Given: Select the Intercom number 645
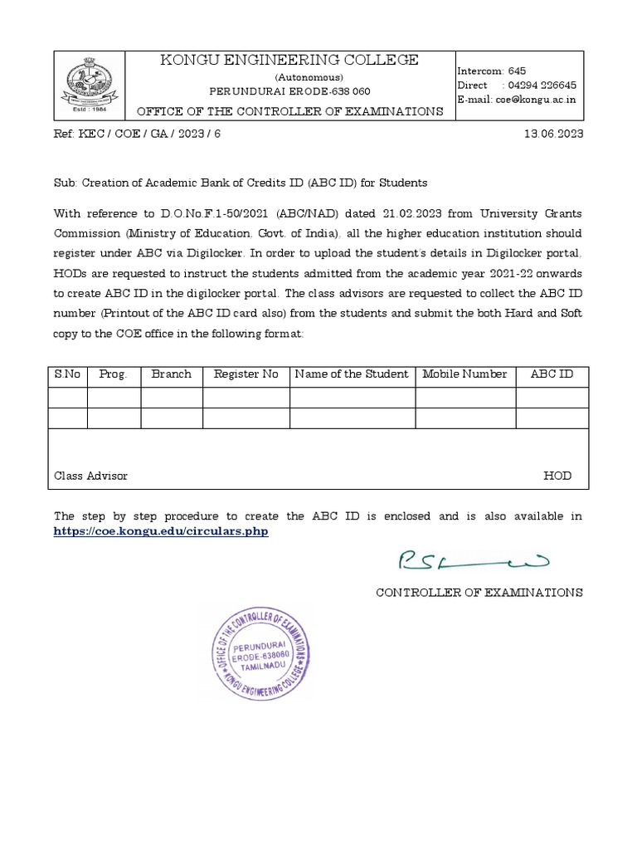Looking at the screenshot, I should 517,71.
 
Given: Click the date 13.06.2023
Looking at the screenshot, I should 554,134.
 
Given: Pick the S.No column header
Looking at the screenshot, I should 68,374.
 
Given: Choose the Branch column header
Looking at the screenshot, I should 172,374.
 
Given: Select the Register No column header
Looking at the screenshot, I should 246,374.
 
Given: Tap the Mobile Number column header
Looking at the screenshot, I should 464,374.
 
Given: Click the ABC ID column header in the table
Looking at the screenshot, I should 552,374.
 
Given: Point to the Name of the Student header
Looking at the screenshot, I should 352,374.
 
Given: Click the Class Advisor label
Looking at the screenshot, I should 91,476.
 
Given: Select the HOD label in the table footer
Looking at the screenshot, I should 557,476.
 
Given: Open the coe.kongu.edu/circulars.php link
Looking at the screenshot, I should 161,531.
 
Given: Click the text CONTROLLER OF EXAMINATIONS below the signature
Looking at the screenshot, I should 479,593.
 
